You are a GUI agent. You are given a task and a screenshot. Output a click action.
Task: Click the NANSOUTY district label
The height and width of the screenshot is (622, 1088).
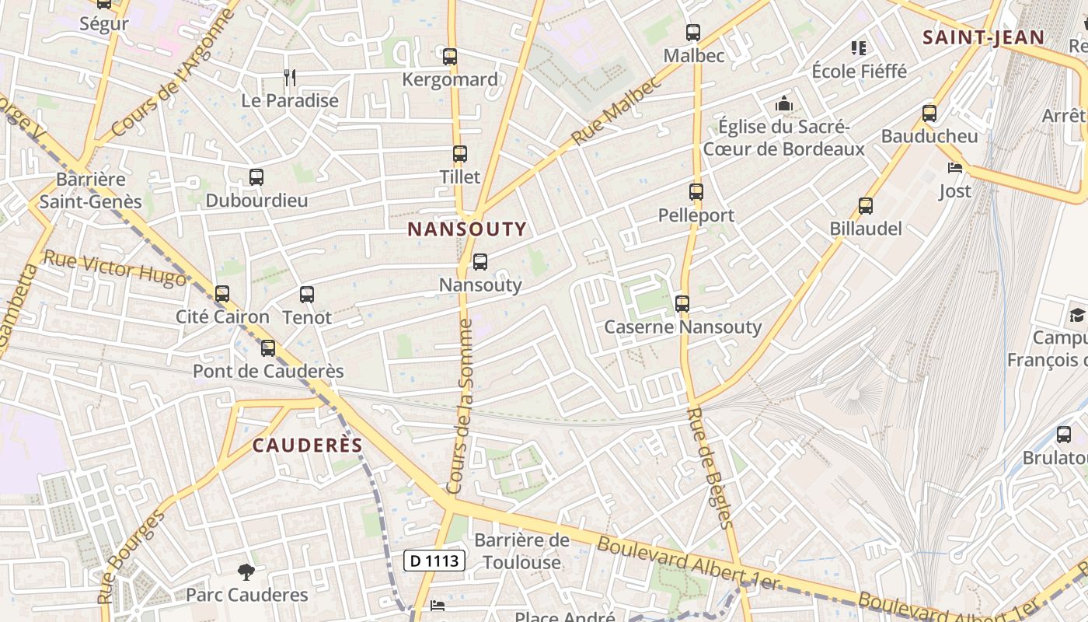pos(467,229)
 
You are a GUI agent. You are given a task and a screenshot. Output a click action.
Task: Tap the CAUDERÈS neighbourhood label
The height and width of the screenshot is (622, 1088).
pos(308,445)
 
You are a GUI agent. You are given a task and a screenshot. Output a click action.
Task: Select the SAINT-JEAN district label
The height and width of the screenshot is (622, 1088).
pos(983,37)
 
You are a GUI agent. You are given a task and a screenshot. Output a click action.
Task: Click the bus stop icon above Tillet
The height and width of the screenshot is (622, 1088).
pos(460,154)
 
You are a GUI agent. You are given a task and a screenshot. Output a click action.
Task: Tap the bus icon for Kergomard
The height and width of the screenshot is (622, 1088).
pos(450,57)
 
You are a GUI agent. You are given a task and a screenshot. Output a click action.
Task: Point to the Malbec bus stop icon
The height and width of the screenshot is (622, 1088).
pos(693,33)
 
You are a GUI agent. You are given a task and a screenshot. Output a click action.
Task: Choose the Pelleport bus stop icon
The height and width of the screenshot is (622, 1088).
pos(696,192)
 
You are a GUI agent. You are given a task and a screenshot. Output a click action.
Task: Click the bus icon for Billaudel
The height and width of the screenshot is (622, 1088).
pos(866,206)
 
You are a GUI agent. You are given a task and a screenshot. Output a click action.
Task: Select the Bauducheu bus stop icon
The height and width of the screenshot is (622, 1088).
pos(929,114)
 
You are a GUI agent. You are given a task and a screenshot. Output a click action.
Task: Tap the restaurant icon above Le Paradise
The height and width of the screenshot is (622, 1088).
pos(290,77)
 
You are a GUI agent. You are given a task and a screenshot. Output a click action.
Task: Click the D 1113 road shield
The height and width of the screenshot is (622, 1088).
pos(434,560)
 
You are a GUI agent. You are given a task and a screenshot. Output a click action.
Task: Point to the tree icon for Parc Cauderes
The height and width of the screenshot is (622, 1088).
pos(246,572)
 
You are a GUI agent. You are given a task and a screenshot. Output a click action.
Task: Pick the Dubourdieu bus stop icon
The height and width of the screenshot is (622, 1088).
pos(256,177)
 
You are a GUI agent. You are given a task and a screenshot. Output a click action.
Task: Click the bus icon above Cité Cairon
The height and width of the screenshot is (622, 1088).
pos(222,294)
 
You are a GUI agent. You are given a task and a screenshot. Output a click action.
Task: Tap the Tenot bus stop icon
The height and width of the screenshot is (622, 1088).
pos(307,295)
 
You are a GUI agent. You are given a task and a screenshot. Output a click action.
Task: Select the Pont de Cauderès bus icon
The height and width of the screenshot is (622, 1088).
pos(268,348)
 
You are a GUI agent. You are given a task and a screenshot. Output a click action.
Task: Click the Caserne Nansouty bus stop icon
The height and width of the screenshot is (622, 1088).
pos(682,304)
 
